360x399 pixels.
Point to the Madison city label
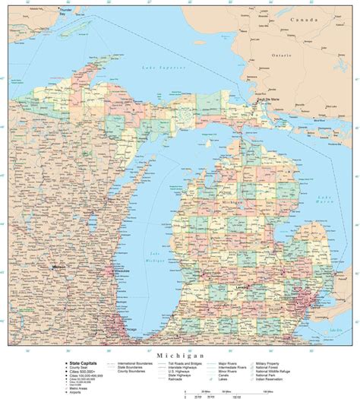point(58,268)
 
